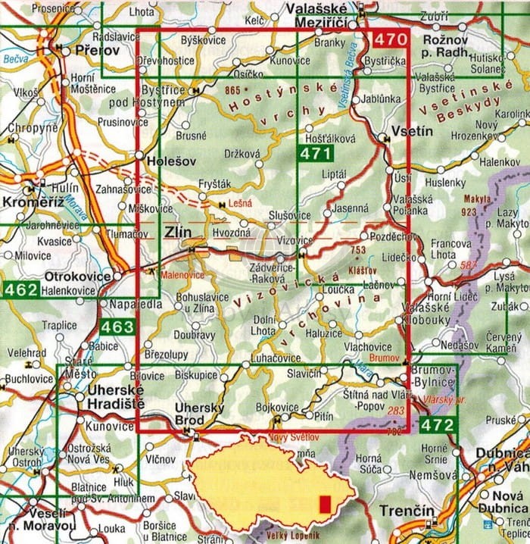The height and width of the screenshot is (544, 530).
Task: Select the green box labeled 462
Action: pos(20,289)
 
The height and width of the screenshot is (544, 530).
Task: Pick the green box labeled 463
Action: pos(117,327)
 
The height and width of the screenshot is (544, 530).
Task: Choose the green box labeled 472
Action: pos(439,425)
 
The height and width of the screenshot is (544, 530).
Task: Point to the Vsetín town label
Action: pos(413,131)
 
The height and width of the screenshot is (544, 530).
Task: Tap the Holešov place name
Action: pos(162,161)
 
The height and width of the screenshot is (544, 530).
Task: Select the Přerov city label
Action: pos(97,50)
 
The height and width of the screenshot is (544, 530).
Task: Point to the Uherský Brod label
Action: pos(199,414)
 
